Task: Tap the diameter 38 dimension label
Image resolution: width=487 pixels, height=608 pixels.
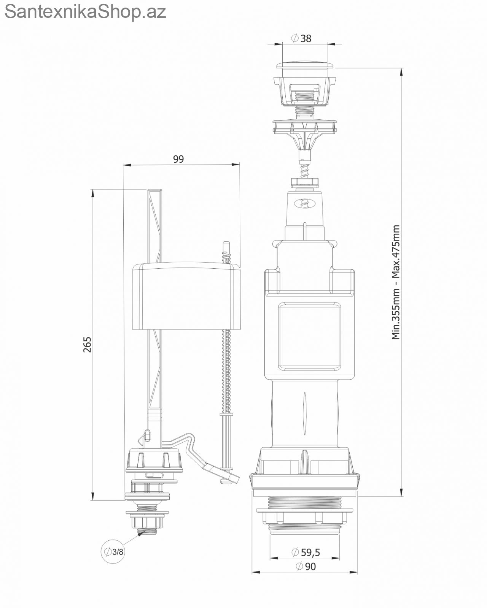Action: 301,38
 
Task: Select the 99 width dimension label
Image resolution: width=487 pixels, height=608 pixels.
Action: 178,159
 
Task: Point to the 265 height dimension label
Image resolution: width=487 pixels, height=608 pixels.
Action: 87,344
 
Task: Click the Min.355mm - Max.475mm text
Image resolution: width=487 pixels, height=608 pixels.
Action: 396,282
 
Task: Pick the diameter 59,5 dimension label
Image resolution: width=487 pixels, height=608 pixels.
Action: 306,553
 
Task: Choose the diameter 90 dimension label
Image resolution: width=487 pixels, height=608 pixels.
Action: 306,567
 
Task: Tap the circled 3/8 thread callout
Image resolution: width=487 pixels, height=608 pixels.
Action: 113,551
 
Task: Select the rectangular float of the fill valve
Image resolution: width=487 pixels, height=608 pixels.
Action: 186,296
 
